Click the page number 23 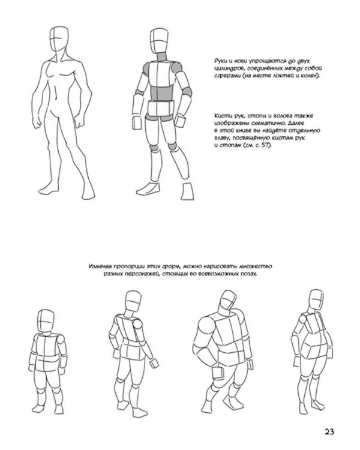click(329, 431)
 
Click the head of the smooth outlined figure click(59, 39)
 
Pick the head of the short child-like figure click(46, 321)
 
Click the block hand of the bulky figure click(218, 374)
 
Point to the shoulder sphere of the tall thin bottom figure click(137, 324)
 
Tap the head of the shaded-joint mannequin click(159, 40)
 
